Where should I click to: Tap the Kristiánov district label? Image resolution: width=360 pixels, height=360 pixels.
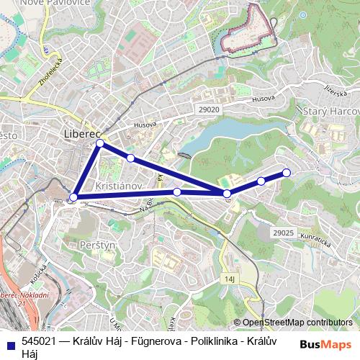(x=116, y=185)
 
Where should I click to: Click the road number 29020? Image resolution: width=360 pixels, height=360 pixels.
(x=209, y=109)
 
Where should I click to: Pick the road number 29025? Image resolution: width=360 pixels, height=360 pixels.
(x=284, y=233)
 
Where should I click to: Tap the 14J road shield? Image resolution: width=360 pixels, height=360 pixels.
(x=230, y=278)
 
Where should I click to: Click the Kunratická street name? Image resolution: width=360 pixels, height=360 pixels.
(x=318, y=241)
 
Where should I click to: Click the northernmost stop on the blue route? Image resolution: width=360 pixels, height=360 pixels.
(x=100, y=144)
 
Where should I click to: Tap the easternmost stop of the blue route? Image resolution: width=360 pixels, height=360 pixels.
(x=287, y=172)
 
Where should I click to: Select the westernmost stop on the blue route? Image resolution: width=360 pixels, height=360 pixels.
(x=73, y=197)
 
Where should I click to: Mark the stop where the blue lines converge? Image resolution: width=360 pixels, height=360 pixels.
(x=227, y=194)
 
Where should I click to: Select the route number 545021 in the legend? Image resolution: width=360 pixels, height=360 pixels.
(x=40, y=342)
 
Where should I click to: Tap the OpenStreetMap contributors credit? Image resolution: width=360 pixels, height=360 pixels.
(x=297, y=323)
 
